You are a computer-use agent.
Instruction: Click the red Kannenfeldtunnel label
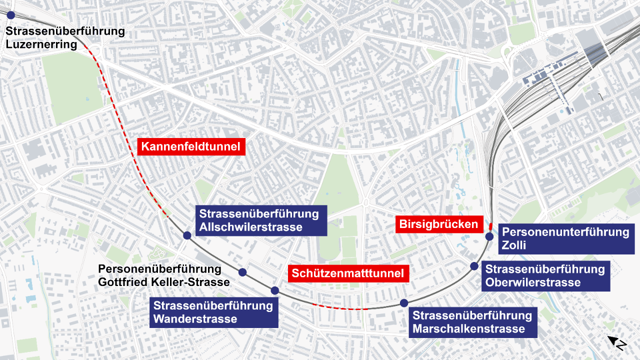point(191,147)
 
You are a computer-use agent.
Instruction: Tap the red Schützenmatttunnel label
point(347,273)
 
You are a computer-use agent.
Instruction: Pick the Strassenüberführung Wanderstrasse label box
point(213,312)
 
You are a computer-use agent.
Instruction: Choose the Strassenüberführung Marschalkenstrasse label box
point(472,322)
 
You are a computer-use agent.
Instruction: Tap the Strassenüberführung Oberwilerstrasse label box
point(545,276)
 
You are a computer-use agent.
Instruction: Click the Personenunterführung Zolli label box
point(565,238)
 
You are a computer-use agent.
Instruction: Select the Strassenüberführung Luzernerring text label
point(65,38)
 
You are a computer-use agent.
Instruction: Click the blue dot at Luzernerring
point(10,15)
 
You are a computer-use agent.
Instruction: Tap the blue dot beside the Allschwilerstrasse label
point(187,235)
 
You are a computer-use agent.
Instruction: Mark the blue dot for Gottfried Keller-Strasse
point(242,272)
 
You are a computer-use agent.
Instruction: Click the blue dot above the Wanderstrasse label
point(274,290)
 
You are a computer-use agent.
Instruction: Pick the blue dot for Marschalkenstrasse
point(404,302)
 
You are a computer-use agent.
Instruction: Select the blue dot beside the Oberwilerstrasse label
point(474,266)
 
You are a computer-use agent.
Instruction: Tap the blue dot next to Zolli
point(489,236)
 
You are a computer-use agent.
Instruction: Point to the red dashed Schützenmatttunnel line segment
point(340,308)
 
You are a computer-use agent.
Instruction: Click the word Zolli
point(514,245)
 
